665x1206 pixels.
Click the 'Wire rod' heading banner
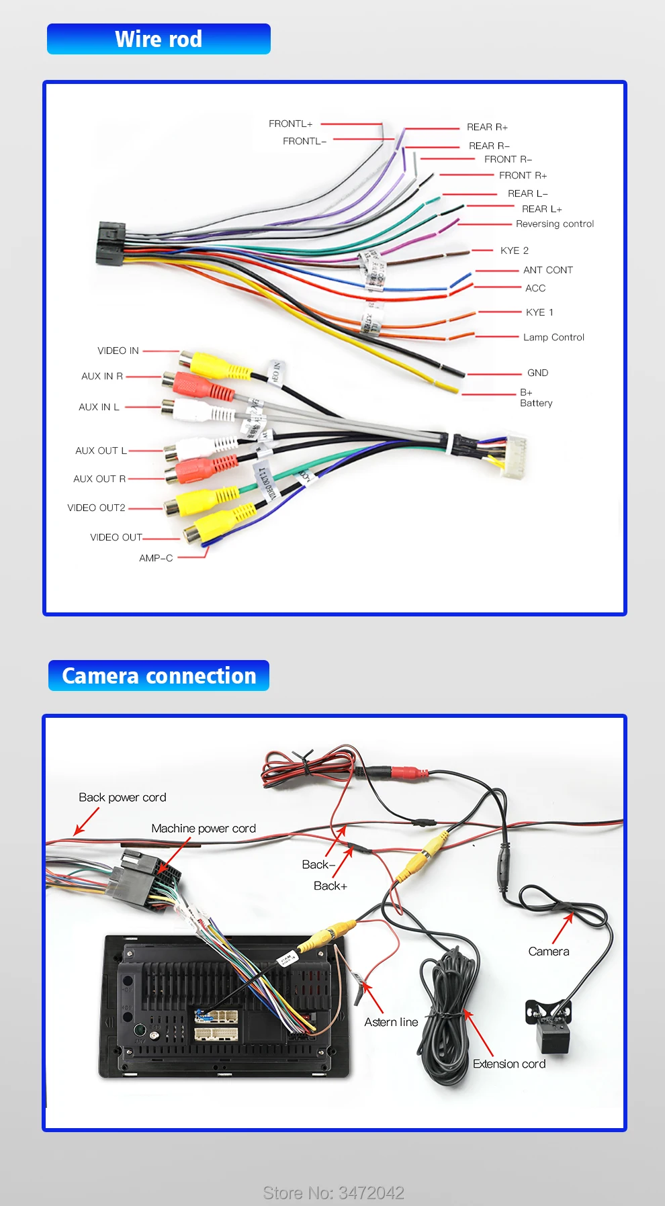tap(159, 39)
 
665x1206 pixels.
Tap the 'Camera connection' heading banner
tap(159, 676)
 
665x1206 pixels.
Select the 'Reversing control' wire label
tap(555, 224)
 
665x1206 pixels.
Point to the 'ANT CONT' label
tap(547, 270)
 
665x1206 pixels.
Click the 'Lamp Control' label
tap(553, 337)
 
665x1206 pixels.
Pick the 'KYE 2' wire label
tap(514, 250)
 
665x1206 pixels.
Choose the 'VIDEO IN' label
tap(118, 351)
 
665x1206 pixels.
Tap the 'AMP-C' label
tap(156, 558)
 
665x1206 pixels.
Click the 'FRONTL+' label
tap(290, 124)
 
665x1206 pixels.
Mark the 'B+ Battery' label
tap(535, 398)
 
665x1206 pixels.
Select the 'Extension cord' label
tap(508, 1064)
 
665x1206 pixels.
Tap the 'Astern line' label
tap(391, 1022)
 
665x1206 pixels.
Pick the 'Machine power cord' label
tap(204, 829)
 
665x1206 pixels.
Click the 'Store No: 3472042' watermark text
tap(333, 1193)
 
